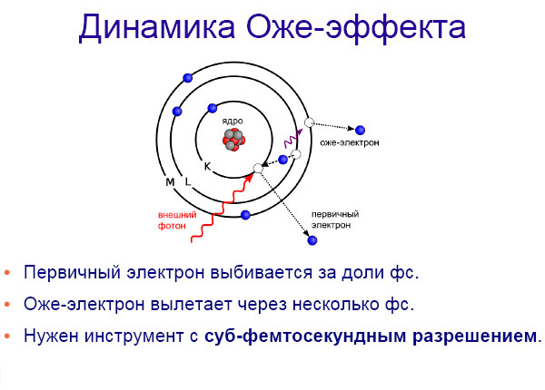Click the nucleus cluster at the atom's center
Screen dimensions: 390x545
click(x=233, y=139)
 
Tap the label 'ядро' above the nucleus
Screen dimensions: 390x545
click(x=232, y=120)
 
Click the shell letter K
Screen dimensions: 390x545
click(x=207, y=166)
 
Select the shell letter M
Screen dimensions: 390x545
click(x=170, y=183)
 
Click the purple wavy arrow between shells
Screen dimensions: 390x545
click(x=292, y=139)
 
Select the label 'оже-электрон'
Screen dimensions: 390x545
click(x=350, y=143)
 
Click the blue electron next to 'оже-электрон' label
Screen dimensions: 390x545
click(x=361, y=130)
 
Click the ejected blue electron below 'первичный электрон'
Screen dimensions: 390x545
click(x=312, y=240)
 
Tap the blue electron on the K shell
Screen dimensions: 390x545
click(x=212, y=107)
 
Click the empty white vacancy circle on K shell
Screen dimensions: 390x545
click(x=258, y=168)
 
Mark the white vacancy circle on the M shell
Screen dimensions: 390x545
click(x=309, y=122)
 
